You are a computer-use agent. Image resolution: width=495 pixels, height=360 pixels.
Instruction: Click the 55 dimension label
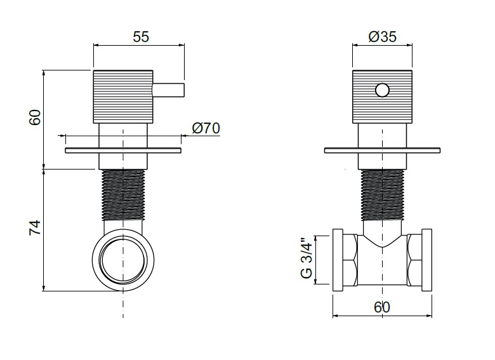coord(141,37)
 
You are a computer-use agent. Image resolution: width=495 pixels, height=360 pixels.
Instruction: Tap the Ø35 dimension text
coord(382,37)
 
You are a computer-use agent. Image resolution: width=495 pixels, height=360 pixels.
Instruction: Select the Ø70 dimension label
coord(206,128)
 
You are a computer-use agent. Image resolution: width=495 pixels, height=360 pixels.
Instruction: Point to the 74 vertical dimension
coord(35,227)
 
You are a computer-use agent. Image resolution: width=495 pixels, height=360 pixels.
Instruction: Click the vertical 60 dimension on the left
coord(35,117)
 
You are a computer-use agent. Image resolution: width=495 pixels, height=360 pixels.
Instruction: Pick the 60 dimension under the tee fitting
coord(382,307)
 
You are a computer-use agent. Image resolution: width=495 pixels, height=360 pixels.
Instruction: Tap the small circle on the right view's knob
coord(382,90)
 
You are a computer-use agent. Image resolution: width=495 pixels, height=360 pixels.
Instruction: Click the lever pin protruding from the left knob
coord(168,90)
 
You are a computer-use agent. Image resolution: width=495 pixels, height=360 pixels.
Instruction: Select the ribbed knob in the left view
coord(123,97)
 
